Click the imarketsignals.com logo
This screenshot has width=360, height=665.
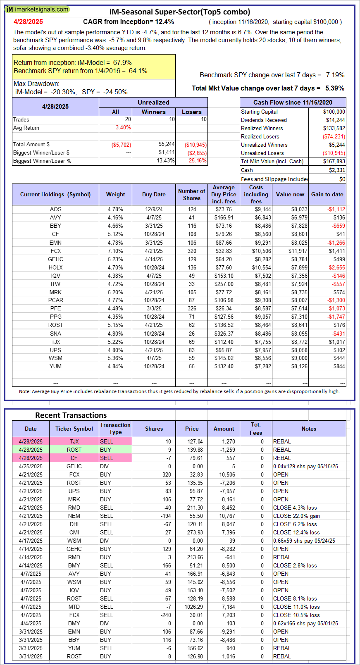click(x=37, y=9)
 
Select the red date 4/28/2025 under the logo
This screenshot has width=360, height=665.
click(x=28, y=22)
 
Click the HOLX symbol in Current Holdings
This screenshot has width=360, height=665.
click(x=55, y=267)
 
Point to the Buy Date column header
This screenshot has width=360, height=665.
click(x=154, y=194)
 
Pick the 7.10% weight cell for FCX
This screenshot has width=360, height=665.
click(x=115, y=251)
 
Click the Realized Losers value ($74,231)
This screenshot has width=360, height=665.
click(x=334, y=136)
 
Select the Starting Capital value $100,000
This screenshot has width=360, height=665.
click(x=334, y=112)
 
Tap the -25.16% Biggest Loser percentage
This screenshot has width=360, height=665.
click(x=196, y=161)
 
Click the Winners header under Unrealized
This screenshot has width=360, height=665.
click(x=153, y=112)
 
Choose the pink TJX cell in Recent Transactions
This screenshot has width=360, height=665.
click(x=74, y=441)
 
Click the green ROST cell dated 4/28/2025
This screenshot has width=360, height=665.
click(x=74, y=450)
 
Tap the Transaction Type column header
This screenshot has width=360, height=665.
click(x=115, y=429)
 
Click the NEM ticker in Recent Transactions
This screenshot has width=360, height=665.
click(x=74, y=516)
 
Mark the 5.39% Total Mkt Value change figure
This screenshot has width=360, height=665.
click(x=335, y=88)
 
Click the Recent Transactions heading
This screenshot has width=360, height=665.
click(x=71, y=415)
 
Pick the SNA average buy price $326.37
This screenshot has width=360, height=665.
click(x=224, y=334)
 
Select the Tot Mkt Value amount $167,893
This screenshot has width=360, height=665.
click(x=334, y=161)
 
